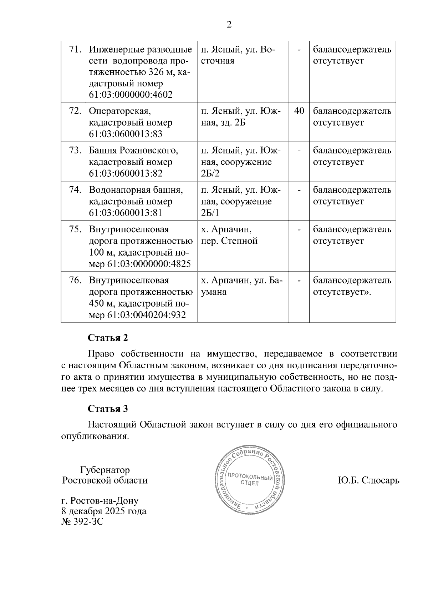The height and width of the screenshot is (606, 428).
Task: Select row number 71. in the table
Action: pos(75,49)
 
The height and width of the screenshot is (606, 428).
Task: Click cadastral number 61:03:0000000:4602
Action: pos(131,95)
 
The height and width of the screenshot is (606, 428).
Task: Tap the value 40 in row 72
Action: pos(299,111)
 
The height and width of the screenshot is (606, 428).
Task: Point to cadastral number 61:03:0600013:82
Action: pos(126,173)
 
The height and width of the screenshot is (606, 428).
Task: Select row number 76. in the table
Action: pos(75,281)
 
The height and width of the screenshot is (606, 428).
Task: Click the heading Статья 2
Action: pos(108,338)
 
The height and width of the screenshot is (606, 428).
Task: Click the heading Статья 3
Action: pos(108,409)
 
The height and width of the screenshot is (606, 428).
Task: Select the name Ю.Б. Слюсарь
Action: pos(368,480)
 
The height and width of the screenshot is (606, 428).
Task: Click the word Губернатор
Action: pos(105,470)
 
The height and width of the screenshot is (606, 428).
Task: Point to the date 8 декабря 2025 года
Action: pos(104,511)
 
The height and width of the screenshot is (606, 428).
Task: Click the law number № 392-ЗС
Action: pos(82,522)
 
